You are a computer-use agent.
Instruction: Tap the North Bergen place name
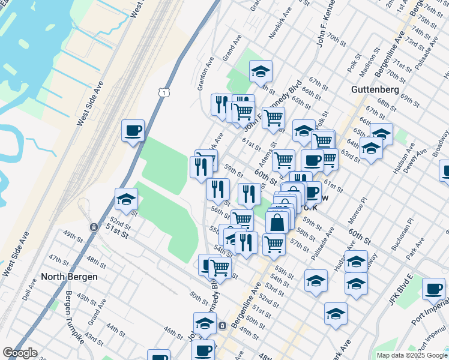65,277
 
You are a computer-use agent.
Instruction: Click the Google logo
20,353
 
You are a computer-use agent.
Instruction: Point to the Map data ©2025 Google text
411,355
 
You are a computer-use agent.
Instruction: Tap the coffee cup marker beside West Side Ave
133,130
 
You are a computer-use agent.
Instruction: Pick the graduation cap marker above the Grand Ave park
261,71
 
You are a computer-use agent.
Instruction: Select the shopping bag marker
277,223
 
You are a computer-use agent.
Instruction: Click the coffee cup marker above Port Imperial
433,289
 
